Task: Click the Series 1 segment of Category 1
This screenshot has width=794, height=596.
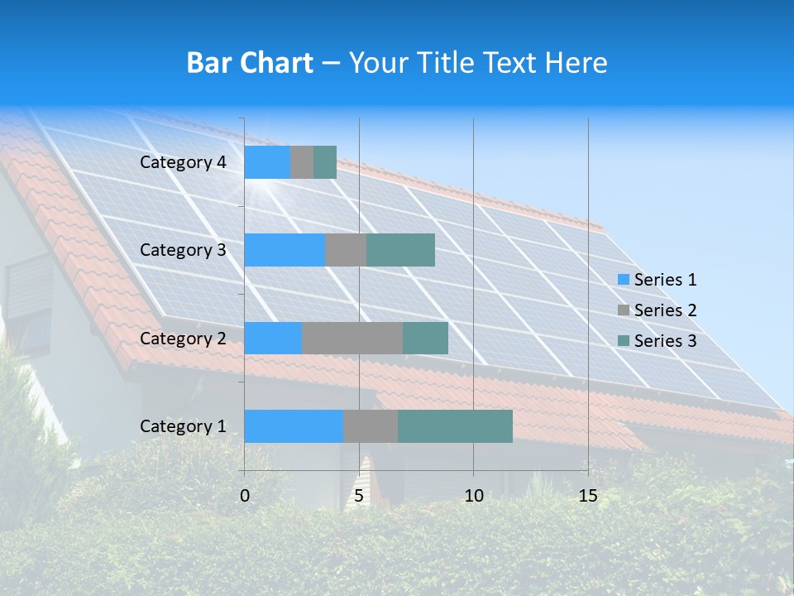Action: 294,426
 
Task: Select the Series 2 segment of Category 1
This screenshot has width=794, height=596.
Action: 371,426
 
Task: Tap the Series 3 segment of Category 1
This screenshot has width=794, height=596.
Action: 455,426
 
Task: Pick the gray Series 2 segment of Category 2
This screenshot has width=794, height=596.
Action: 352,338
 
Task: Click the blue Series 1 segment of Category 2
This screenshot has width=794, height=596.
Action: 273,338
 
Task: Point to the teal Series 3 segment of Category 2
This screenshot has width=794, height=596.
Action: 425,338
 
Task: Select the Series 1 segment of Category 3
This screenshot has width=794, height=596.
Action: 285,250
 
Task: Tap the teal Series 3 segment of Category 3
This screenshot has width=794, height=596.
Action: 400,250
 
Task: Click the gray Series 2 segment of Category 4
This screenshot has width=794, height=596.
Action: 302,162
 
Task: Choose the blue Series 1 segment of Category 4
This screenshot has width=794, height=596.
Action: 267,162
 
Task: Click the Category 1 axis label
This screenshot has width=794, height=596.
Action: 183,426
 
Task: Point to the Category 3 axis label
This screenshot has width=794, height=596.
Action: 183,250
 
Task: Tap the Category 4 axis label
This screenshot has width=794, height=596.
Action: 183,162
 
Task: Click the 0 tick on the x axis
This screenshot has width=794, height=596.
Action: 245,496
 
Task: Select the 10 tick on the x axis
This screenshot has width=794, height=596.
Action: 473,496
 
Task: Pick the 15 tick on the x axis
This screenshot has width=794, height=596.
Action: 588,496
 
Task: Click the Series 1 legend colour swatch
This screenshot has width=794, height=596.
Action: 624,280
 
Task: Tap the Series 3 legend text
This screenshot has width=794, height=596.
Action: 665,341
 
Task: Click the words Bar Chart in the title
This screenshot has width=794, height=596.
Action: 250,63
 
